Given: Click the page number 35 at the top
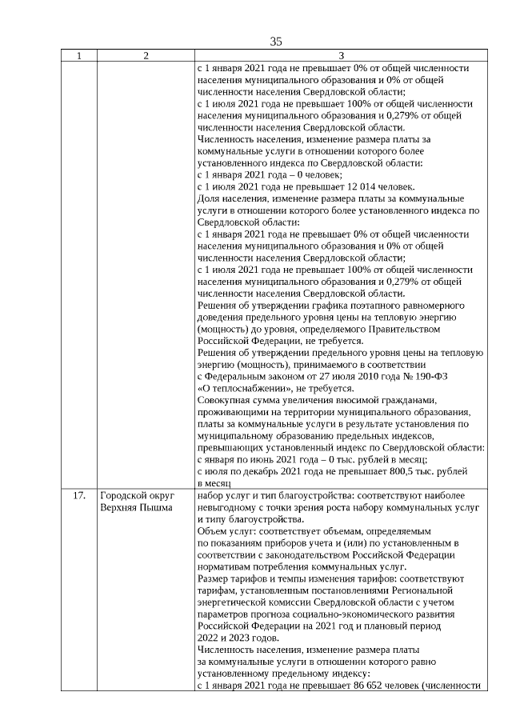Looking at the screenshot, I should [x=276, y=41].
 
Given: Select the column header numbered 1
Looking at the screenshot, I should [x=78, y=56].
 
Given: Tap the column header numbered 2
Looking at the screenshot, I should [x=146, y=56].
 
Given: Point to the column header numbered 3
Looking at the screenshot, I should [x=340, y=56].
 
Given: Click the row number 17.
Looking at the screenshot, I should [x=78, y=495].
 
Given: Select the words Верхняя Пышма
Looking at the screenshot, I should [x=136, y=507].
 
